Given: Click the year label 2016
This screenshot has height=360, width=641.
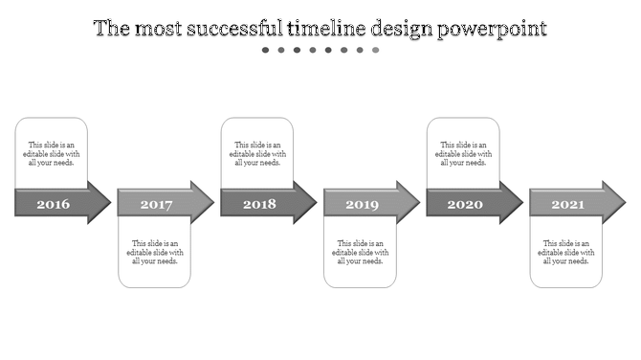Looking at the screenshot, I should click(x=53, y=204).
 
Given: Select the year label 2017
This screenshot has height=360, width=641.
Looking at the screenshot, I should click(x=156, y=204).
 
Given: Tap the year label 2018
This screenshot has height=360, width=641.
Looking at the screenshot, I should click(x=258, y=204).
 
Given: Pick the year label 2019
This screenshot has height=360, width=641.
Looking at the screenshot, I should click(x=362, y=204).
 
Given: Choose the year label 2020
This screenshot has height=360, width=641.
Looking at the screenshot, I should click(x=465, y=204).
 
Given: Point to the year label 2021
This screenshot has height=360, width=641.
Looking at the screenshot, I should click(x=567, y=204).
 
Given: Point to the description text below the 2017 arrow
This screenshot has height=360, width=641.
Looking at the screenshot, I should click(x=155, y=252).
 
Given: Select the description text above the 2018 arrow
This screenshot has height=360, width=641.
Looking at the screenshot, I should click(x=258, y=153).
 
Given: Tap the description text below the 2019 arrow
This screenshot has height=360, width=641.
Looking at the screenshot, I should click(x=361, y=252).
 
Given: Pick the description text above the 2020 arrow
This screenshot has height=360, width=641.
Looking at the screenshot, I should click(x=464, y=153).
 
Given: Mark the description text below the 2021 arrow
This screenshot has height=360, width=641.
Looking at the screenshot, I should click(x=566, y=252).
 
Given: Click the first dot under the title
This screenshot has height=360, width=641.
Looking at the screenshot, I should click(x=266, y=50).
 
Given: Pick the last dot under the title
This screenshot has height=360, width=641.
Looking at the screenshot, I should click(x=375, y=50).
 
